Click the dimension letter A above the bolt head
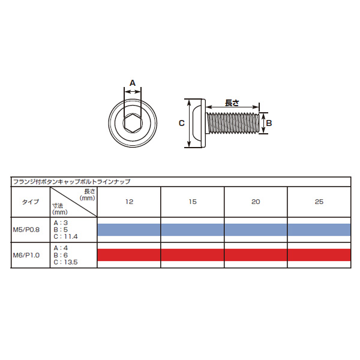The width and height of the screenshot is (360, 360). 133,83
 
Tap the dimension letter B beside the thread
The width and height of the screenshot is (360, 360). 269,123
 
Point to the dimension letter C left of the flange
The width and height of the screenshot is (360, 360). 182,123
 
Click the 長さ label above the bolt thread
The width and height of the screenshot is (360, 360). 232,103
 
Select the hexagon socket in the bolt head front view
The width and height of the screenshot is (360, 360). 133,123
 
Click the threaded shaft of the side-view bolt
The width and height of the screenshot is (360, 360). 233,123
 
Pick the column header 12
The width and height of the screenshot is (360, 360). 129,202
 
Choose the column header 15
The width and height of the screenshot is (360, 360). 193,202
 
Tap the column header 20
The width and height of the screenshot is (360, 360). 256,202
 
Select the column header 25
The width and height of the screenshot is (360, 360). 319,202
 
